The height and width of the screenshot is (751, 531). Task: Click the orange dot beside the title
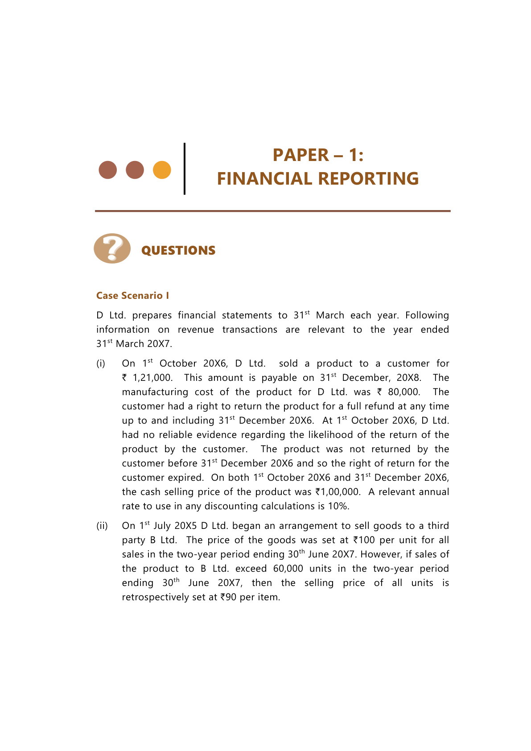162,170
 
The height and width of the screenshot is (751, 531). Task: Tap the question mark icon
112,248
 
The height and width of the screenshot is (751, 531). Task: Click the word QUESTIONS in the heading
178,251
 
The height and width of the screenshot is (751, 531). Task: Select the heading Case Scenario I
132,296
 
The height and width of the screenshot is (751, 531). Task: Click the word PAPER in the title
300,155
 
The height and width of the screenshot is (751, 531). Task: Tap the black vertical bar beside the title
185,169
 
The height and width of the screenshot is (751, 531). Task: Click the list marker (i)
101,363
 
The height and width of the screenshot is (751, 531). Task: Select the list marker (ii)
102,526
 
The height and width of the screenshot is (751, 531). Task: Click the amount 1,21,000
152,378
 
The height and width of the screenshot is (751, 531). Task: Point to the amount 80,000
403,392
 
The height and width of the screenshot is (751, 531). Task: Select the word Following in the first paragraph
427,315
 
